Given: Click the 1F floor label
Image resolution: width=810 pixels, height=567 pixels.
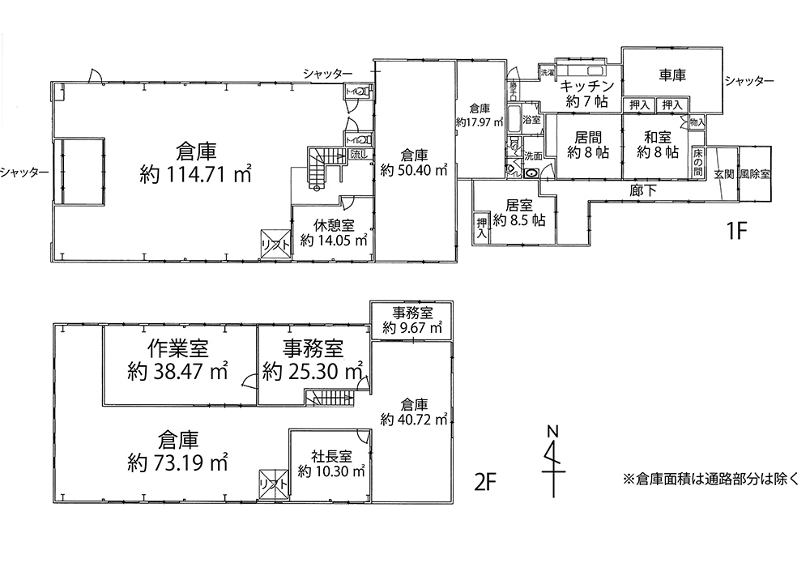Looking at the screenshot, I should tap(740, 230).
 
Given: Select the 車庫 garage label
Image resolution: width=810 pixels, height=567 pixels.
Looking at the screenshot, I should tap(672, 75).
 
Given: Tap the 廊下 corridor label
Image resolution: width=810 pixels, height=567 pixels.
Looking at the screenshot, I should tap(642, 190).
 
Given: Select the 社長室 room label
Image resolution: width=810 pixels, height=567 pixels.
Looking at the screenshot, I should tap(330, 455).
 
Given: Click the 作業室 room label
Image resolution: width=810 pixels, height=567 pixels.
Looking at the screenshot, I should tap(177, 349).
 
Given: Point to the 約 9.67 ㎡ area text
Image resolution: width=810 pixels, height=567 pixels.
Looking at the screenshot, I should tap(412, 328).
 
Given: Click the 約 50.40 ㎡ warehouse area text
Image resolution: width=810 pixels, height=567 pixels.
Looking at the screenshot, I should tap(414, 170).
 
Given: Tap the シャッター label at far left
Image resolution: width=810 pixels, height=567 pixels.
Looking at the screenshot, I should tap(23, 172).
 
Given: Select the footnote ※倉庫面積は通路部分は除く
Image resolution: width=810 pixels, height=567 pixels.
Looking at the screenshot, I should tap(710, 479).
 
